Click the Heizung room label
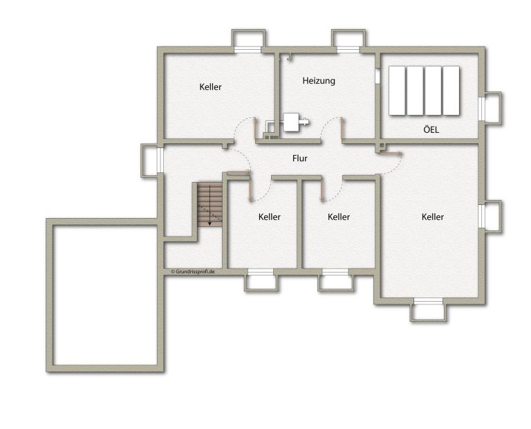319,81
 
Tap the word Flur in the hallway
299,158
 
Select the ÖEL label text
431,129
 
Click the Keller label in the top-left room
210,86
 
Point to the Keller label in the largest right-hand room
432,217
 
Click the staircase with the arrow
210,205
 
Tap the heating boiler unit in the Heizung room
294,122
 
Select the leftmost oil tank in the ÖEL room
397,91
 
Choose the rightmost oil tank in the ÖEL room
451,91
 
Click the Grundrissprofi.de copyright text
193,271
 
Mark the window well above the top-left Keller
248,40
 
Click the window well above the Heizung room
348,40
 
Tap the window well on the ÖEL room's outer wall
492,109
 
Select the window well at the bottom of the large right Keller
429,311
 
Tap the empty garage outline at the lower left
50,295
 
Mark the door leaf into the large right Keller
391,154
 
